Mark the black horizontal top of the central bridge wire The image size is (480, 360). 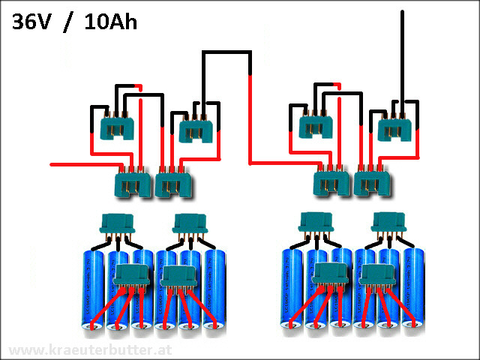(225, 54)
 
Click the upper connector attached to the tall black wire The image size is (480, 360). (394, 128)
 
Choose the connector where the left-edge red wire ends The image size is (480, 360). (132, 182)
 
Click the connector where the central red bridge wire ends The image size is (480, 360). (330, 181)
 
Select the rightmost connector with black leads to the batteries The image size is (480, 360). (389, 222)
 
